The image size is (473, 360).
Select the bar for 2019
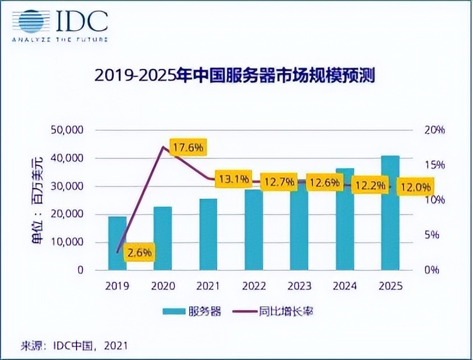(x=117, y=243)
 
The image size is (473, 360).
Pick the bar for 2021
(x=208, y=234)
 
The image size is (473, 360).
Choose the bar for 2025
(x=390, y=213)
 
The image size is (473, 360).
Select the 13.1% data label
(x=233, y=179)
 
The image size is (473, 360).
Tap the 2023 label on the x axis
(x=299, y=288)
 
